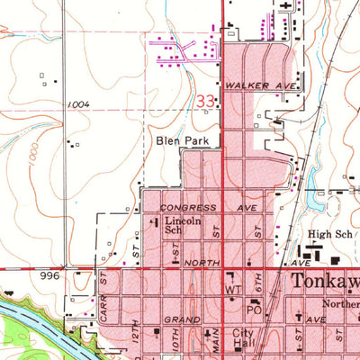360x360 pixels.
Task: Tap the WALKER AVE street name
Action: [x=249, y=85]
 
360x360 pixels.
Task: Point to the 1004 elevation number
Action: [x=78, y=104]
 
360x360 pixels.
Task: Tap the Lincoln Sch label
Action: [x=180, y=224]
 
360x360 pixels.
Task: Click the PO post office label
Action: [x=254, y=309]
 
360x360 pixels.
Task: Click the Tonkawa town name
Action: [x=325, y=282]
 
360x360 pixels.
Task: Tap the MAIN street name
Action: [x=217, y=341]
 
